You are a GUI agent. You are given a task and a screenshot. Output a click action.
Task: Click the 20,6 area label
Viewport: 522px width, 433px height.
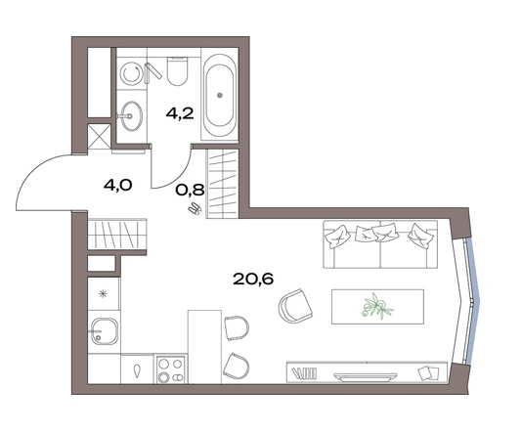(x=253, y=280)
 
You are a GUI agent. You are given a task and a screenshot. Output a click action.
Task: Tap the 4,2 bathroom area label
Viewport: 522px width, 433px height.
(x=180, y=114)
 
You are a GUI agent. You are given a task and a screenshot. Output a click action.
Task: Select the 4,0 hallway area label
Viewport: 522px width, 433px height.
(x=118, y=185)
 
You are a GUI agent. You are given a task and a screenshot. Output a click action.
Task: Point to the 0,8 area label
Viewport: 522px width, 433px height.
(x=190, y=190)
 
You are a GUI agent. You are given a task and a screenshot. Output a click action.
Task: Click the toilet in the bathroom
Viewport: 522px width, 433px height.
(x=178, y=71)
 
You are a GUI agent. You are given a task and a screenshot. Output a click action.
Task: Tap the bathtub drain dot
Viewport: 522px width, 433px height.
(x=219, y=96)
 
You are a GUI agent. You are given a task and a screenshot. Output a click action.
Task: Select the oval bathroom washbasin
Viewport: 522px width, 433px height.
(x=132, y=115)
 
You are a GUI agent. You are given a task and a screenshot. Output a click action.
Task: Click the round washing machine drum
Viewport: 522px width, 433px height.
(x=131, y=74)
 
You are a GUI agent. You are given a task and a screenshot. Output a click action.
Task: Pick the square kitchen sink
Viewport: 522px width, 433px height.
(x=105, y=331)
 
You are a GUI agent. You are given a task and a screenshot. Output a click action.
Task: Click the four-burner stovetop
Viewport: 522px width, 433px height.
(x=171, y=369)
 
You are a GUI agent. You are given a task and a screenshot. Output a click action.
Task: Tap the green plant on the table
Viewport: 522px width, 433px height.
(x=377, y=307)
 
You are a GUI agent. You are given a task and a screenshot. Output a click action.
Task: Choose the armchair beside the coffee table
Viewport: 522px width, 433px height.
(x=295, y=306)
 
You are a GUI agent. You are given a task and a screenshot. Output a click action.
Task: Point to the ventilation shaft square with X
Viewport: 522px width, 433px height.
(x=99, y=138)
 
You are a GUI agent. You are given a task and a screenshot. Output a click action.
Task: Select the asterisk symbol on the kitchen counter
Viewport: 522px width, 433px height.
(x=104, y=293)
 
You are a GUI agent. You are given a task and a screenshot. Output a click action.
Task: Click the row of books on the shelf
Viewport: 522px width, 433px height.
(x=304, y=372)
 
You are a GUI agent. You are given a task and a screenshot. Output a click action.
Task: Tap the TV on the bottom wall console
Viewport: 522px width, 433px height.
(x=366, y=376)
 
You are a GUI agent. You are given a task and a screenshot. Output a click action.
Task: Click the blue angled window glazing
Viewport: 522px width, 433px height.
(x=473, y=301)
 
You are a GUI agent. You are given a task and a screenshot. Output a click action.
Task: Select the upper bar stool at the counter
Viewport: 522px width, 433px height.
(x=237, y=327)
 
